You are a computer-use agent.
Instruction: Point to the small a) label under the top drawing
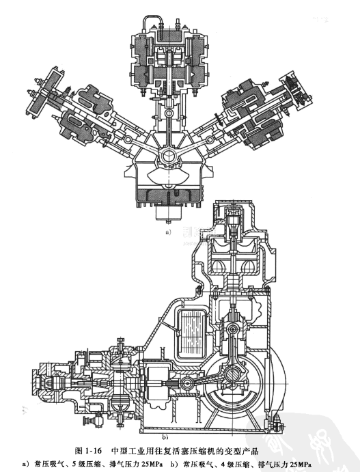(167, 232)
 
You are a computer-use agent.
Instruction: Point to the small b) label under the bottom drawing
(165, 436)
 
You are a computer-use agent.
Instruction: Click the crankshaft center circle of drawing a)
(168, 156)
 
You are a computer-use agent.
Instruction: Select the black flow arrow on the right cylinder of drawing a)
(221, 120)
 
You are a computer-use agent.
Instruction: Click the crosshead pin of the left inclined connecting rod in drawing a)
(128, 139)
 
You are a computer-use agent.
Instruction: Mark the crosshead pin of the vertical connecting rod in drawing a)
(169, 113)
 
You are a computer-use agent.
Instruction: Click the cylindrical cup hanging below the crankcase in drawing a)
(169, 213)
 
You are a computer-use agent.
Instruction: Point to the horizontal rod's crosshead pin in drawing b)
(187, 384)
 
